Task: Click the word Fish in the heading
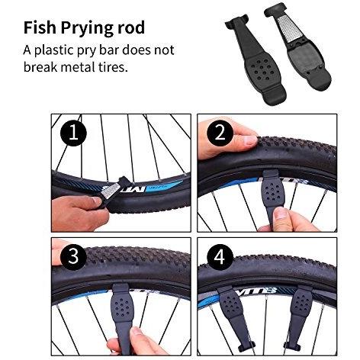(40, 27)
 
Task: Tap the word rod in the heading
(132, 27)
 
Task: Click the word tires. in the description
(113, 67)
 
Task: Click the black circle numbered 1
(73, 133)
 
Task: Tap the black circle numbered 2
(220, 133)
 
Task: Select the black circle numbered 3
(73, 256)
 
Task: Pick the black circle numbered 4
(220, 256)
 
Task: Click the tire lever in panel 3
(122, 313)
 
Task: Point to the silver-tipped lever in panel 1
(112, 193)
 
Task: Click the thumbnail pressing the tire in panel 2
(251, 140)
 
